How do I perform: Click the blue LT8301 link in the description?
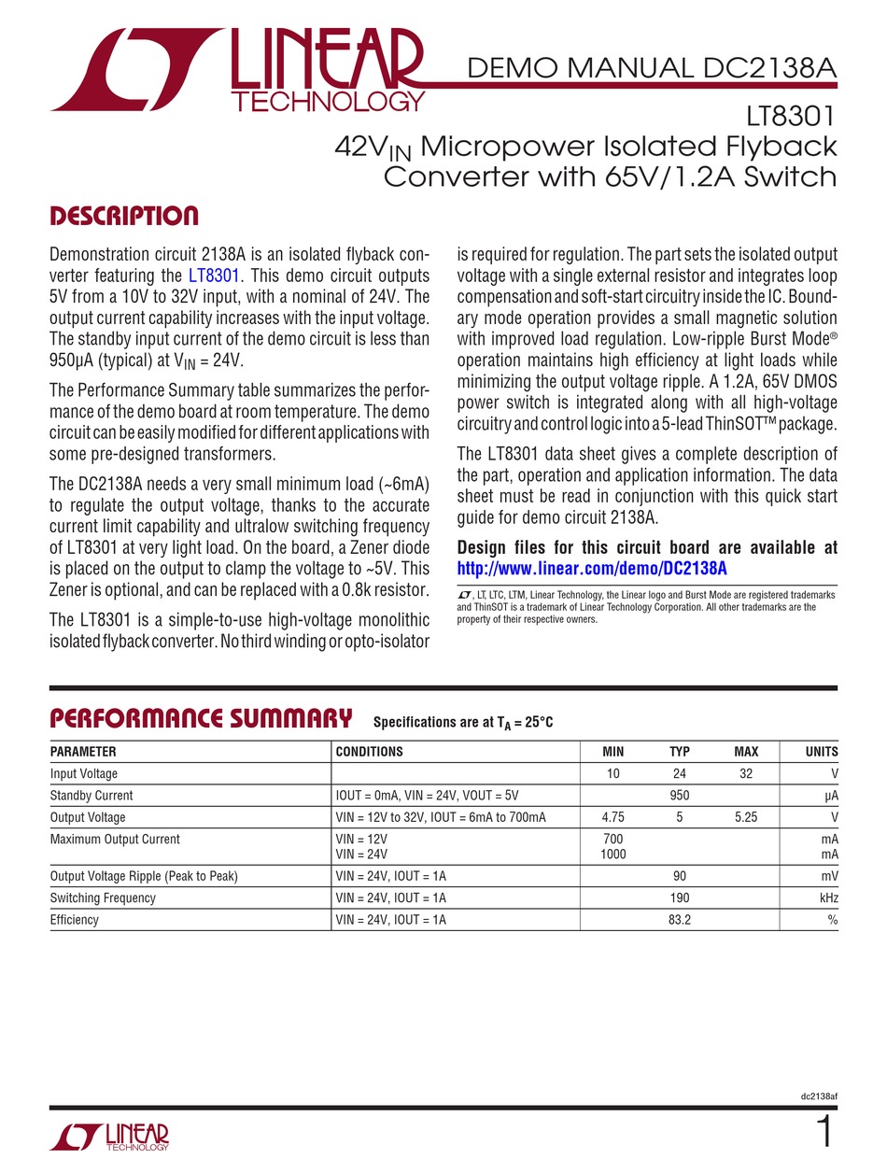(215, 276)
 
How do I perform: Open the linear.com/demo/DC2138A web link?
(592, 569)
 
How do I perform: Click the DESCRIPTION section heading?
(123, 217)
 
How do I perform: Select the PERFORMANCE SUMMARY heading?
(201, 718)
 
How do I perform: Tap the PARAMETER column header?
(83, 751)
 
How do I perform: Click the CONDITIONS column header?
(369, 751)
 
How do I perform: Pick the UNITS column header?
(822, 751)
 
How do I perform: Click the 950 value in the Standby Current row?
(679, 795)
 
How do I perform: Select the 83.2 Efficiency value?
(679, 920)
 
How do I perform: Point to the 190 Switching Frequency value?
(679, 898)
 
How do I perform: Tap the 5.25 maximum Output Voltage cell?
(746, 817)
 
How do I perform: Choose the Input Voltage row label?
(84, 773)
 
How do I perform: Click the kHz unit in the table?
(826, 898)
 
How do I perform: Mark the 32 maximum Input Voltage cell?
(746, 773)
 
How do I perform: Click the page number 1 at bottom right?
(823, 1132)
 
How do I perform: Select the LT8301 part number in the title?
(790, 119)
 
